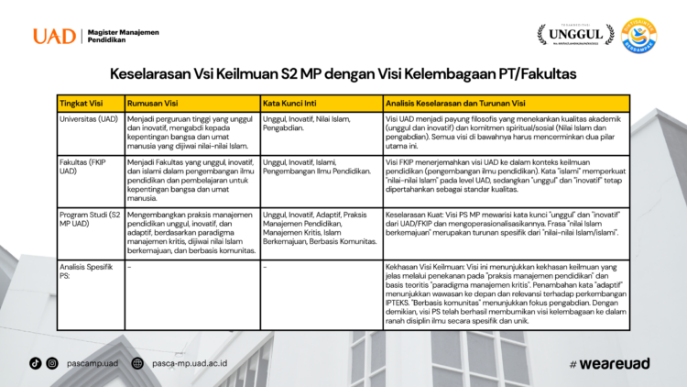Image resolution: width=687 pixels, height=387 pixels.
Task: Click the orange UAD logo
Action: (53, 37)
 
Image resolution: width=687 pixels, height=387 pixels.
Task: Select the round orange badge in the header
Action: (638, 36)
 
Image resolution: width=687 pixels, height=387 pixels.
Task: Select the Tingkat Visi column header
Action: (79, 103)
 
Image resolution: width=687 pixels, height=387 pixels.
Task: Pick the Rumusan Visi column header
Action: (151, 103)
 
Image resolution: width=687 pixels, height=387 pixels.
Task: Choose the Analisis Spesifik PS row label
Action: (82, 269)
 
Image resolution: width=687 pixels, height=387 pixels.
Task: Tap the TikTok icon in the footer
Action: (35, 363)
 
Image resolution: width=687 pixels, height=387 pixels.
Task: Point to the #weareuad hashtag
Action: (609, 363)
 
